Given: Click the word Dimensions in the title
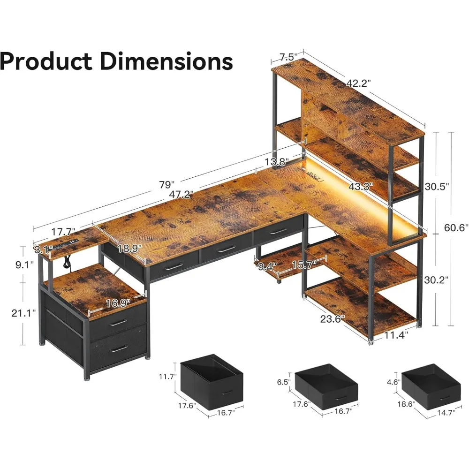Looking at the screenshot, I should [x=166, y=62].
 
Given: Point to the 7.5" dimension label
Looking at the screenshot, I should [x=288, y=57].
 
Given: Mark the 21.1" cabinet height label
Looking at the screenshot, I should [x=22, y=313].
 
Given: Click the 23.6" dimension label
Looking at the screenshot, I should [x=333, y=318].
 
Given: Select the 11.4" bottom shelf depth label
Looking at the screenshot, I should [x=396, y=335].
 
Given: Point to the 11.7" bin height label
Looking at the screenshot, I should [x=167, y=376].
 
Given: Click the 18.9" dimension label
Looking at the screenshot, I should [x=129, y=249].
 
